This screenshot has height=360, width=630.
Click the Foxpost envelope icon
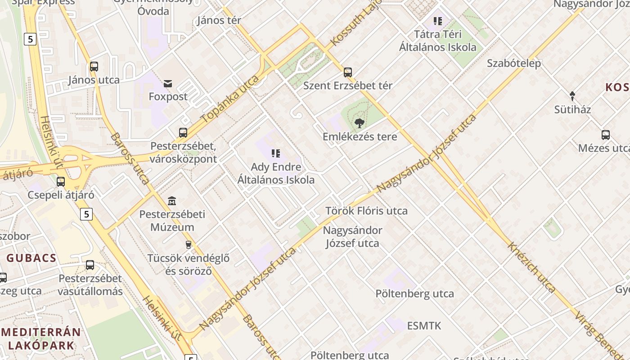tap(168, 83)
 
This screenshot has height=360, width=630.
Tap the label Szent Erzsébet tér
tap(348, 85)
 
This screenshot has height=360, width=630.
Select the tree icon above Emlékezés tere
tap(359, 123)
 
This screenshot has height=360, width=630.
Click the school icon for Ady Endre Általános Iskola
tap(276, 153)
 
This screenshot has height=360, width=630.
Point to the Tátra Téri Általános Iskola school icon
tap(438, 21)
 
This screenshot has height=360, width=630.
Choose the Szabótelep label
tap(514, 63)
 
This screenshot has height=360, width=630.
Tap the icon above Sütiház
tap(572, 96)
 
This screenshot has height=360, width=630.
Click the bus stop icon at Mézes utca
tap(606, 135)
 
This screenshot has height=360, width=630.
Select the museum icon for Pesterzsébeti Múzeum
tap(172, 201)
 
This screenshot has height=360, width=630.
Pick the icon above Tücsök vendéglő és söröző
tap(189, 245)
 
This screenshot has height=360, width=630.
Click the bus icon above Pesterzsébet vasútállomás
tap(90, 265)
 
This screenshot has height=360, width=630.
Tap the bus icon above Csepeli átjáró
tap(61, 182)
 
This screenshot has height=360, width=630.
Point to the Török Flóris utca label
tap(366, 211)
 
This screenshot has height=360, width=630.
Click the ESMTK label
tap(424, 326)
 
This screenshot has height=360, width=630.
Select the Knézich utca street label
tap(531, 267)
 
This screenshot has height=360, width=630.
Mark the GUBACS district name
tap(31, 258)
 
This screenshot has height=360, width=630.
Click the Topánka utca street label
tap(230, 99)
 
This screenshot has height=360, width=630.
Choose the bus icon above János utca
tap(94, 67)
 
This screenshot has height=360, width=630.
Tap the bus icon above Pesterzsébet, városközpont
tap(183, 133)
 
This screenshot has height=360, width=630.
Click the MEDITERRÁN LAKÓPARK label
tap(40, 339)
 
